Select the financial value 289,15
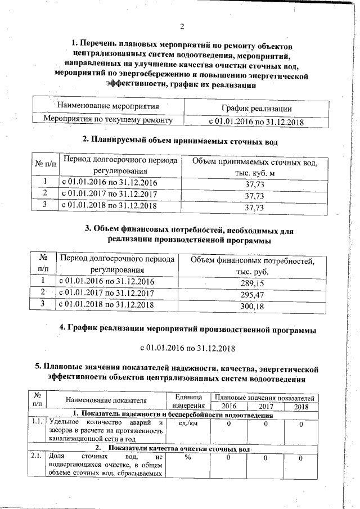click(x=251, y=282)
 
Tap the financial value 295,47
click(x=251, y=294)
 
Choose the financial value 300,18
click(x=251, y=306)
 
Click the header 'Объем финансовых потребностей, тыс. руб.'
click(x=251, y=266)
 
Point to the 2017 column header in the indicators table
click(x=265, y=406)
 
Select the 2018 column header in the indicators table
click(x=301, y=406)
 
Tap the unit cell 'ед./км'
click(x=187, y=422)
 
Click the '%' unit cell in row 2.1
click(x=187, y=459)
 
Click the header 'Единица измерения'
click(x=187, y=402)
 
